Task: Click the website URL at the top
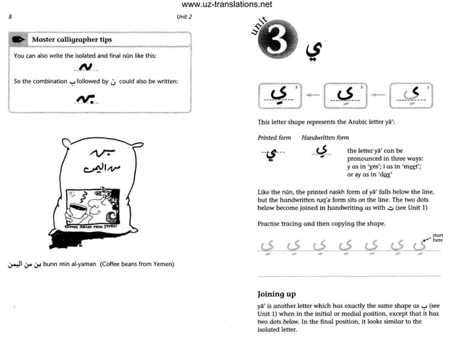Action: click(x=227, y=5)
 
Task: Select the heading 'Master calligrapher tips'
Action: click(x=72, y=39)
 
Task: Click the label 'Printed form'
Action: click(x=274, y=137)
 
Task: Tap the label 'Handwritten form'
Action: click(x=325, y=137)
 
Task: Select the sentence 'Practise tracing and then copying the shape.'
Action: click(x=322, y=223)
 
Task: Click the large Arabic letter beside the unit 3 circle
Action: click(x=312, y=51)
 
